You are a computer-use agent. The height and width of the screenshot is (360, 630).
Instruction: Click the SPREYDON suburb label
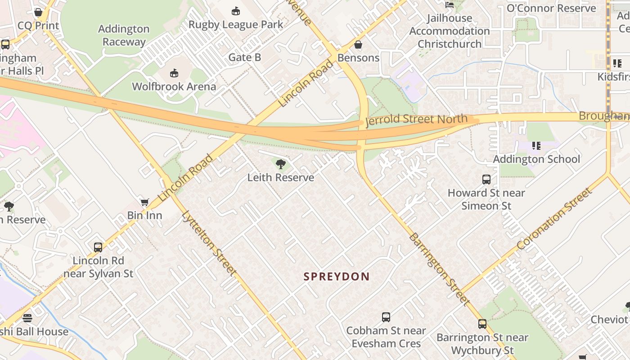coord(336,276)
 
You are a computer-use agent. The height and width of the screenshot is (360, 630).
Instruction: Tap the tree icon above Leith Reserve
coord(281,164)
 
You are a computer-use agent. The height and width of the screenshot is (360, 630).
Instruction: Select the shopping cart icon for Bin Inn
coord(144,202)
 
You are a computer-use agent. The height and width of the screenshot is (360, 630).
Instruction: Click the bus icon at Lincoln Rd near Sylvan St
coord(98,247)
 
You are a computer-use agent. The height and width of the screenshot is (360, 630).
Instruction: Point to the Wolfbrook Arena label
coord(174,86)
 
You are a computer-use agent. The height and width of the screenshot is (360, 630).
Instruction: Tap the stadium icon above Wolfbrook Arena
coord(174,73)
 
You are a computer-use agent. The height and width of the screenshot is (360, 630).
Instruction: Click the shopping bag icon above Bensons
coord(358,45)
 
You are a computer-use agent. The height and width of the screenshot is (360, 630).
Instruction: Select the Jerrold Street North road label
coord(416,120)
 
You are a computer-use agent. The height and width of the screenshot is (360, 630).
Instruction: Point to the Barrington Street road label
coord(439,269)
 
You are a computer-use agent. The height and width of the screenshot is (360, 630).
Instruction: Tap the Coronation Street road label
coord(554,219)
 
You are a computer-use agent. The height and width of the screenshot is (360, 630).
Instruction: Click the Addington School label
coord(536,159)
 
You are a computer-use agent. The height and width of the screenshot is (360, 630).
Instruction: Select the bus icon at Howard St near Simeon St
coord(486,180)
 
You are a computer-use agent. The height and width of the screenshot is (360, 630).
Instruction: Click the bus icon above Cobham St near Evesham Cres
coord(386,317)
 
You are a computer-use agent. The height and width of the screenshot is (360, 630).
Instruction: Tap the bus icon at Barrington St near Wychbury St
coord(482,324)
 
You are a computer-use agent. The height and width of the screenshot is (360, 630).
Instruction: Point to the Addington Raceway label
coord(124,35)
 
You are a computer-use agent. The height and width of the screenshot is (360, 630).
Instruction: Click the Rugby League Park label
coord(236,24)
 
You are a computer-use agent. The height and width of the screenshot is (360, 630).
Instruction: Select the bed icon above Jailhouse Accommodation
coord(449,5)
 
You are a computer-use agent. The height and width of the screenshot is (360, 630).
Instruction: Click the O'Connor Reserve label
coord(551,8)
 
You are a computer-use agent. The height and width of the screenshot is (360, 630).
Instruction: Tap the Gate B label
coord(245,57)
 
